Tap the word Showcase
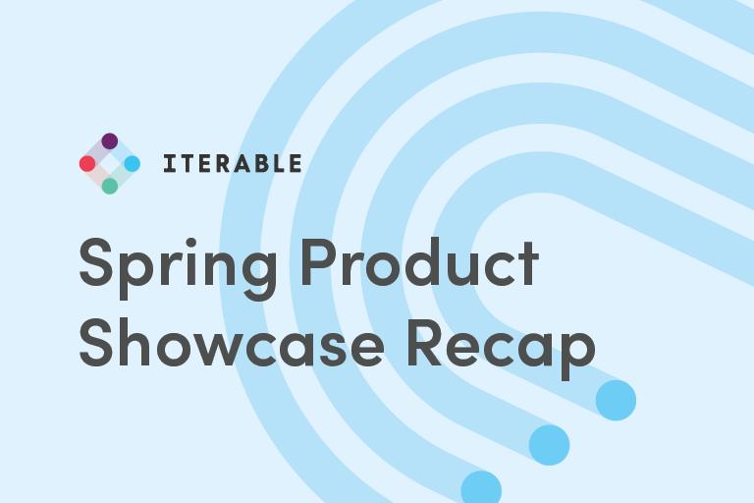[x=226, y=344]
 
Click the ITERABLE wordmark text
[x=232, y=164]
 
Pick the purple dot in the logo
[x=110, y=141]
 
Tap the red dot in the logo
[x=87, y=164]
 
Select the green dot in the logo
[x=110, y=186]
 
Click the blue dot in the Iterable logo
[x=133, y=164]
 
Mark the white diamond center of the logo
[x=110, y=164]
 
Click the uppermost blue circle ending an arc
[x=616, y=400]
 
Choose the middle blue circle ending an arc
[x=549, y=444]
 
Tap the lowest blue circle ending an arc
[x=481, y=489]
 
